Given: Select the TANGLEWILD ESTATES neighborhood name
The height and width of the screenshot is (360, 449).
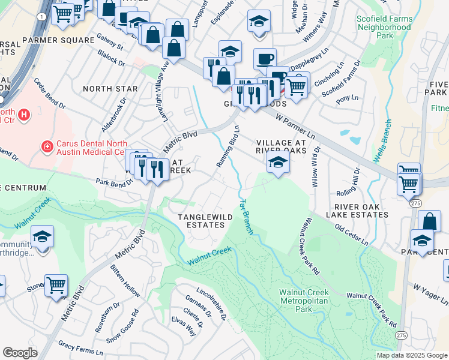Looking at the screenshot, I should pos(200,220).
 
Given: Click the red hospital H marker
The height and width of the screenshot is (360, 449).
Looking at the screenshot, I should pos(24,114).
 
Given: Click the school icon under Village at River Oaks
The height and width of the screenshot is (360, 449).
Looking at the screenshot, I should pos(277,162).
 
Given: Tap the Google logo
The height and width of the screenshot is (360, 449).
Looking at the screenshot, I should pos(20,353).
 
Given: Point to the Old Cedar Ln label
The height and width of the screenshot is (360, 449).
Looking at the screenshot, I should pos(351,235).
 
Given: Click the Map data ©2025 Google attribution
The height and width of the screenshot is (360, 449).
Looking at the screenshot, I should pos(411,355).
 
